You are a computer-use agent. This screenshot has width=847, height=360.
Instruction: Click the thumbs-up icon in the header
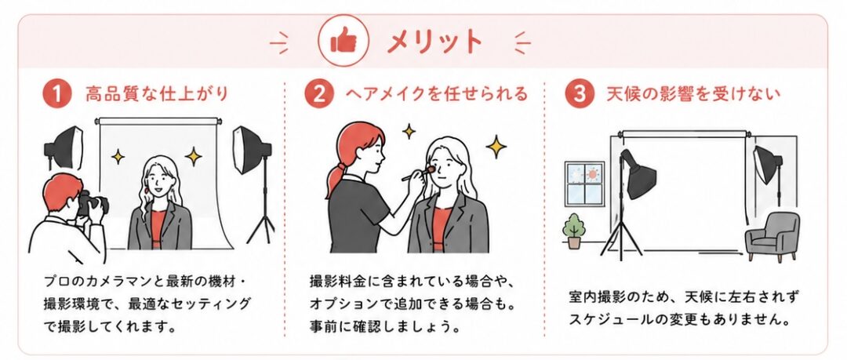pyautogui.click(x=343, y=41)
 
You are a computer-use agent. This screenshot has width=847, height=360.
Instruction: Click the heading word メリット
pyautogui.click(x=433, y=42)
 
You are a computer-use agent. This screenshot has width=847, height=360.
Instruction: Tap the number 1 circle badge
pyautogui.click(x=56, y=94)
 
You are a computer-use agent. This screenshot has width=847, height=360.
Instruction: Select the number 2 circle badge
pyautogui.click(x=318, y=94)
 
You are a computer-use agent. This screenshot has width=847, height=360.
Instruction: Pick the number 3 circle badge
pyautogui.click(x=579, y=94)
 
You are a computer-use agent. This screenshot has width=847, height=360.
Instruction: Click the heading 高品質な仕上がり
pyautogui.click(x=157, y=94)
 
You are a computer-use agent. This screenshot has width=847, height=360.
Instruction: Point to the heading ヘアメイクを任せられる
pyautogui.click(x=437, y=94)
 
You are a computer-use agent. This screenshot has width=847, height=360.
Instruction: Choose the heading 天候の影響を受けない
pyautogui.click(x=693, y=94)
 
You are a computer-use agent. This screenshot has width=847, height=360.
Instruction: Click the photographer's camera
pyautogui.click(x=93, y=203)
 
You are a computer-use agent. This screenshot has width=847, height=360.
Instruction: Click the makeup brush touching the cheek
pyautogui.click(x=418, y=173)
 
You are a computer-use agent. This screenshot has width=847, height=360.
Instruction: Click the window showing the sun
pyautogui.click(x=585, y=184)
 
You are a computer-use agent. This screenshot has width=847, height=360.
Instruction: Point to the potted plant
pyautogui.click(x=573, y=231)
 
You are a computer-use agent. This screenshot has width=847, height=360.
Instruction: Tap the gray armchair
pyautogui.click(x=772, y=237)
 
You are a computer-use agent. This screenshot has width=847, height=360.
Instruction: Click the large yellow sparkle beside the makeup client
pyautogui.click(x=496, y=147)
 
